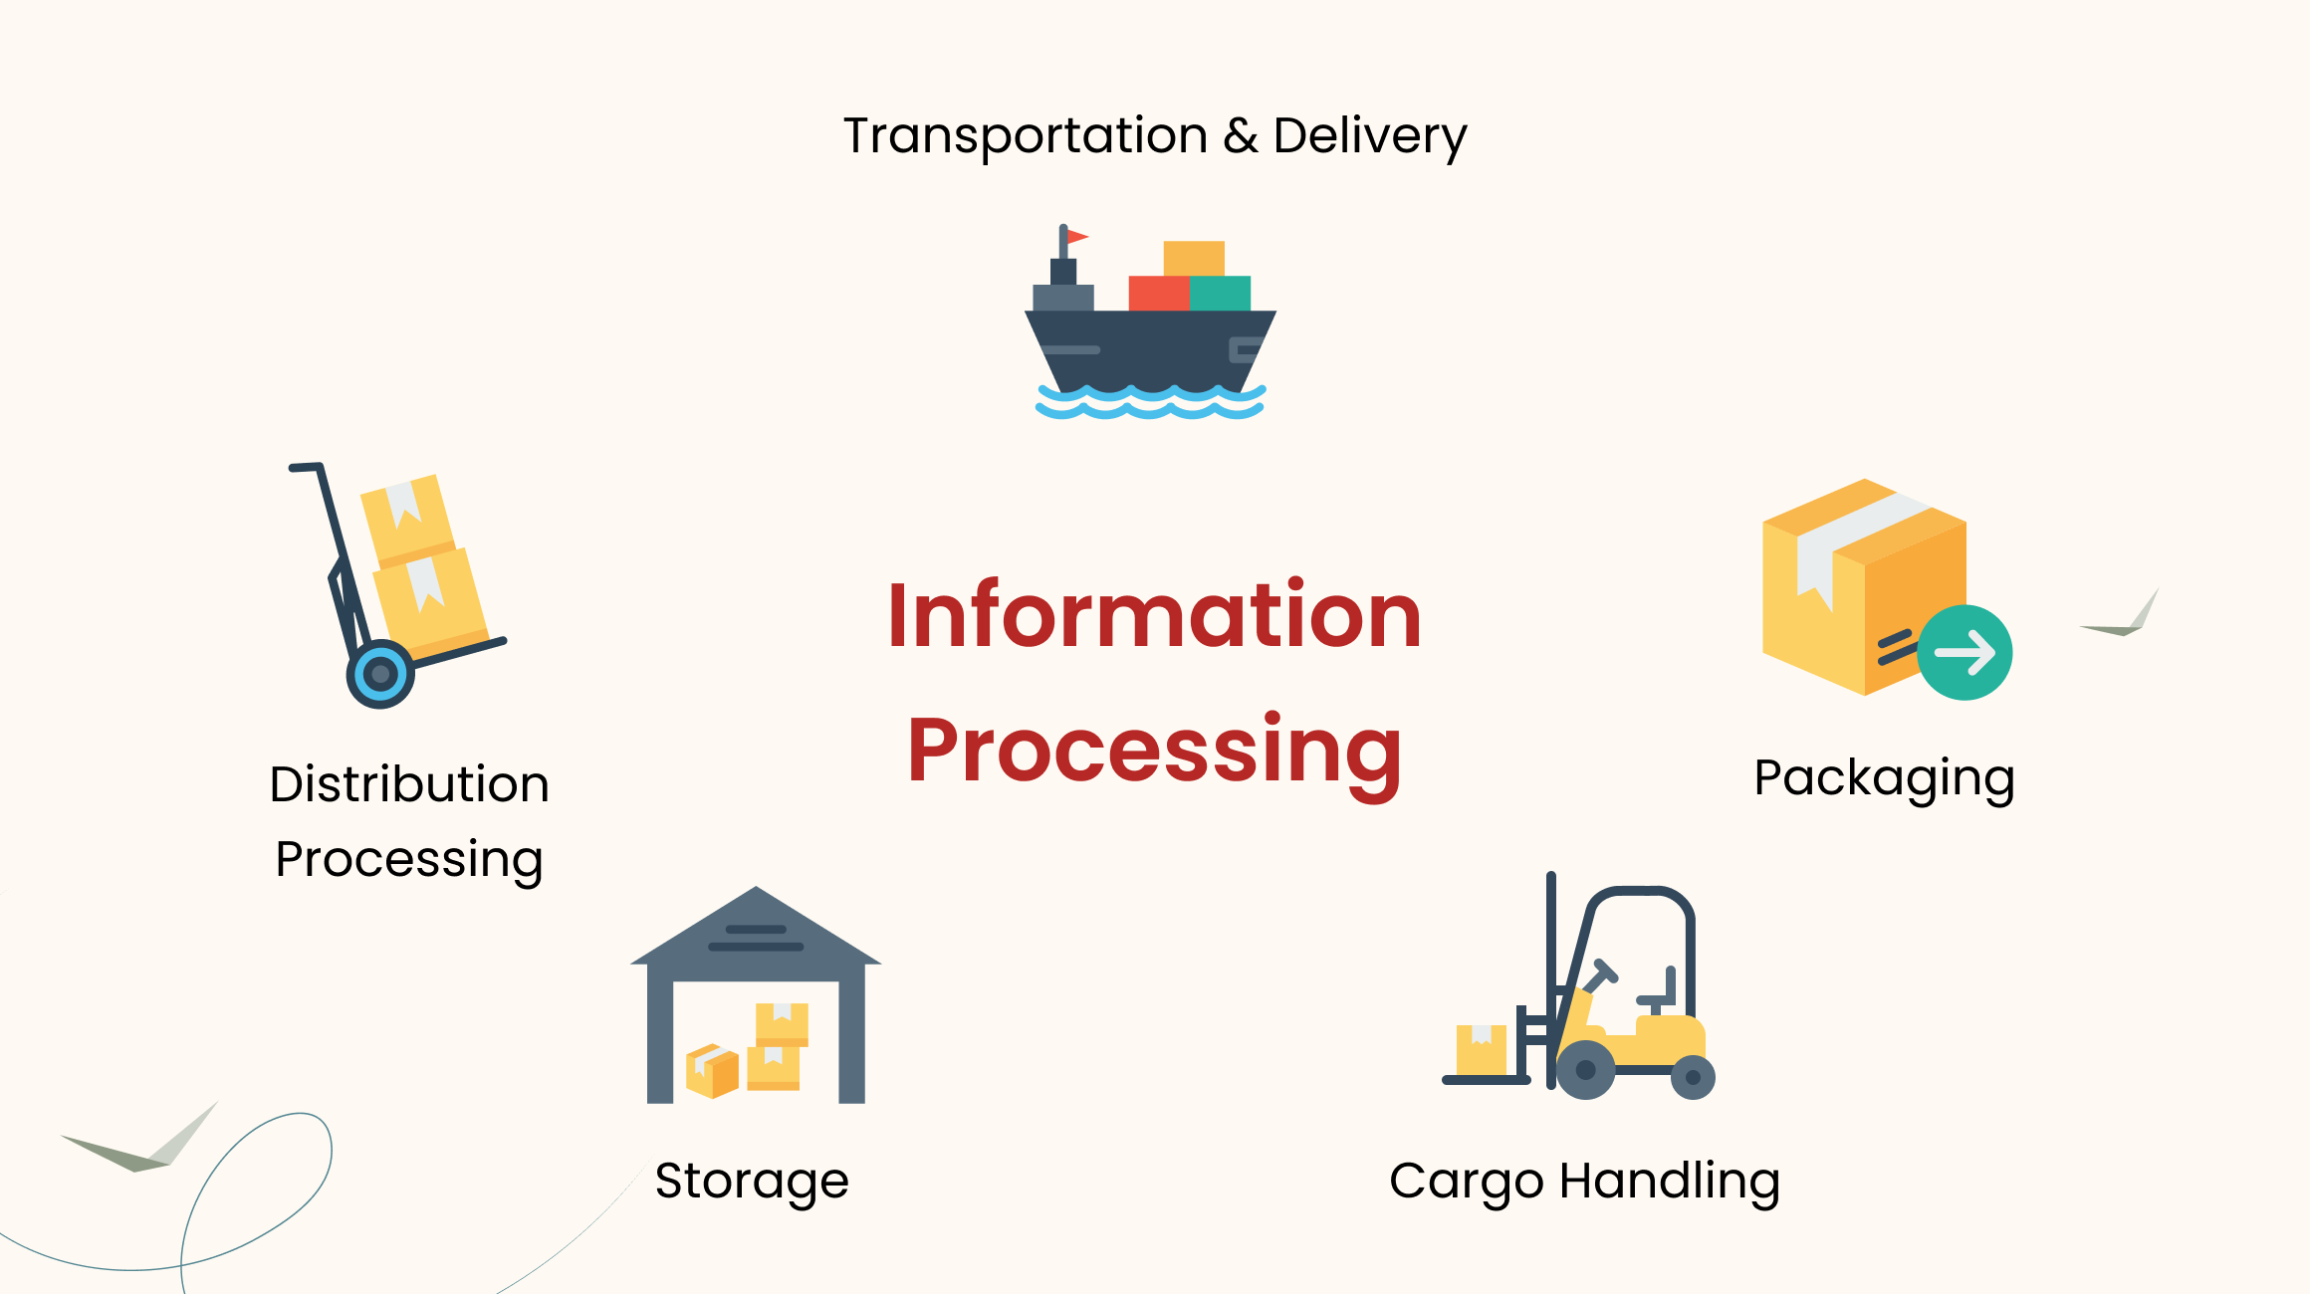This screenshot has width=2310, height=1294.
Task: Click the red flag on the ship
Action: pyautogui.click(x=1076, y=237)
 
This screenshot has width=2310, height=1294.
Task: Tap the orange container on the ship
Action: pyautogui.click(x=1194, y=258)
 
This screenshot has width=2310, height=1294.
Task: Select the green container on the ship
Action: pyautogui.click(x=1221, y=294)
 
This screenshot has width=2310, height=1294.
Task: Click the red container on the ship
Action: pyautogui.click(x=1158, y=294)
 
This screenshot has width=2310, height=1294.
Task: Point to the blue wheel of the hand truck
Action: pyautogui.click(x=380, y=674)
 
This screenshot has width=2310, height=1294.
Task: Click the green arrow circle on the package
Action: pyautogui.click(x=1964, y=653)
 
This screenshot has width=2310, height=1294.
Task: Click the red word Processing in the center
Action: pyautogui.click(x=1154, y=752)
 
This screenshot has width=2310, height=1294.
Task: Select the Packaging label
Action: pyautogui.click(x=1884, y=778)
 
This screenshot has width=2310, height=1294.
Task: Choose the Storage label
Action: pyautogui.click(x=752, y=1182)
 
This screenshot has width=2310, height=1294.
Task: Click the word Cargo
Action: pyautogui.click(x=1467, y=1183)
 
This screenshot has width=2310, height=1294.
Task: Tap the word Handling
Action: pyautogui.click(x=1670, y=1183)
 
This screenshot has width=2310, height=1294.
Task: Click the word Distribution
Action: pyautogui.click(x=409, y=784)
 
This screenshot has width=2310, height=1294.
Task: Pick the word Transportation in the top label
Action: pyautogui.click(x=1026, y=135)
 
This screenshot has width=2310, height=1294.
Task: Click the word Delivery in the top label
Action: pyautogui.click(x=1369, y=136)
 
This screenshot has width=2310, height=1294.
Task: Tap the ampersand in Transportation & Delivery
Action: pyautogui.click(x=1241, y=136)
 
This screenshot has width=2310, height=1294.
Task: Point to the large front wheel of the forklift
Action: pyautogui.click(x=1585, y=1070)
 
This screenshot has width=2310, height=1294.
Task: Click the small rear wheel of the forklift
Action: pyautogui.click(x=1693, y=1077)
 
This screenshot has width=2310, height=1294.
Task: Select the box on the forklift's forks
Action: pyautogui.click(x=1481, y=1049)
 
